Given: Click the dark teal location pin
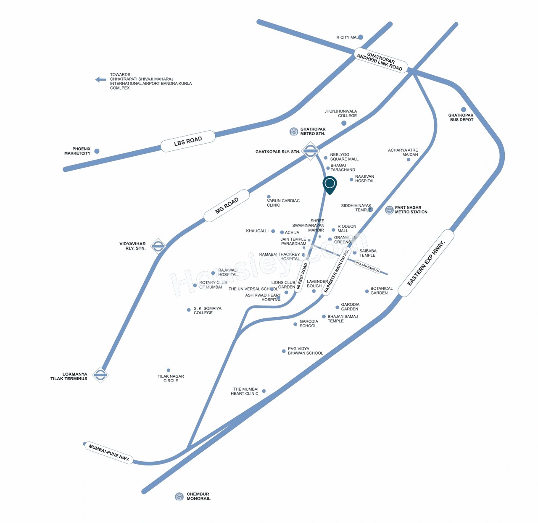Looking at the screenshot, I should pyautogui.click(x=330, y=184).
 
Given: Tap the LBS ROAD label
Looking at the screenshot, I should pyautogui.click(x=188, y=141).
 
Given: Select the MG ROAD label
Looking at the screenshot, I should pyautogui.click(x=227, y=205).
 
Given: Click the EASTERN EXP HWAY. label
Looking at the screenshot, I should pyautogui.click(x=426, y=263).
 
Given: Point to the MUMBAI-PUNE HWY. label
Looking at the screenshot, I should pyautogui.click(x=109, y=453).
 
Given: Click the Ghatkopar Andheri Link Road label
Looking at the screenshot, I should pyautogui.click(x=380, y=61).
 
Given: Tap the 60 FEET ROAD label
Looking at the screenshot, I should pyautogui.click(x=302, y=276).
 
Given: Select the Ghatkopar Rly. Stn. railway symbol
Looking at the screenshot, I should pyautogui.click(x=311, y=151).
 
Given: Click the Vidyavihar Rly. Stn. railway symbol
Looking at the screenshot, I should pyautogui.click(x=158, y=246).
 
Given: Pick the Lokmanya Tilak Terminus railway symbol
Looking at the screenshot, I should pyautogui.click(x=100, y=375).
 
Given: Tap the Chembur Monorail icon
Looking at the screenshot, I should pyautogui.click(x=179, y=497).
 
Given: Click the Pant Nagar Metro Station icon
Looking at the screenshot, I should pyautogui.click(x=389, y=210).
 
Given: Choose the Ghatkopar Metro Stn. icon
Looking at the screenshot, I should pyautogui.click(x=294, y=131).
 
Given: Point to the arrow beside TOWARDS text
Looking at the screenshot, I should pyautogui.click(x=100, y=79).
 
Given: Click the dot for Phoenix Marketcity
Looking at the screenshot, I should pyautogui.click(x=97, y=151).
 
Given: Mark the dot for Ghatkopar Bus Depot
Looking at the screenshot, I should pyautogui.click(x=464, y=110).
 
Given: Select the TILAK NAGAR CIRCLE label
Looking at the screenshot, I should pyautogui.click(x=171, y=378).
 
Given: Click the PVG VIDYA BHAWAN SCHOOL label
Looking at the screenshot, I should pyautogui.click(x=305, y=351).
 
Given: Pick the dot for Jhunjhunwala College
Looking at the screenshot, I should pyautogui.click(x=344, y=123).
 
